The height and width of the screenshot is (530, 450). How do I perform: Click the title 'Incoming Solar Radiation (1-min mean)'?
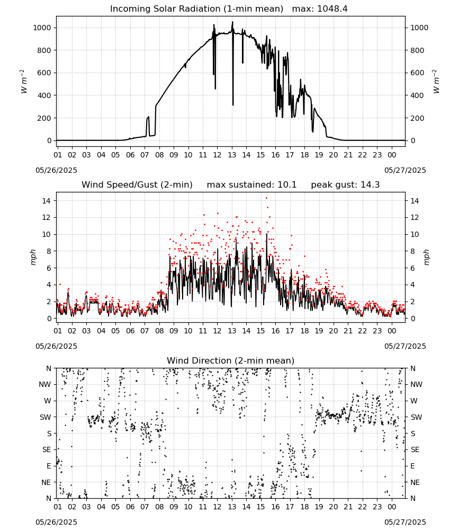coord(196,9)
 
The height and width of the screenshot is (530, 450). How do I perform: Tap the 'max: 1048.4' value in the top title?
coord(320,9)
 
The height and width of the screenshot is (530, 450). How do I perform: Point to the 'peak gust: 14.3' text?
coord(345,185)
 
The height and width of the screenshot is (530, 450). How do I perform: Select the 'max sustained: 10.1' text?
coord(251,185)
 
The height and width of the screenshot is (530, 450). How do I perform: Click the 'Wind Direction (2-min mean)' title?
coord(231,360)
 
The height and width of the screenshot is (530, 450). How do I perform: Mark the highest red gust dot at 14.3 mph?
coord(266,198)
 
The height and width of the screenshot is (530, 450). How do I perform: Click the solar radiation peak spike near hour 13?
coord(232,22)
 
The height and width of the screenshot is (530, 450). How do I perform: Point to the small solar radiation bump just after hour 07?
coord(148,118)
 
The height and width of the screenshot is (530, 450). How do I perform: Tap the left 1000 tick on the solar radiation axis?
coord(42,28)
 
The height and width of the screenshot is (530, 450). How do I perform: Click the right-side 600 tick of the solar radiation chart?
coord(417,73)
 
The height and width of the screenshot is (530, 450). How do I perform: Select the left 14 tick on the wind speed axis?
coord(46,201)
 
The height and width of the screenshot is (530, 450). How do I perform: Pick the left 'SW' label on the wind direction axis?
coord(46,417)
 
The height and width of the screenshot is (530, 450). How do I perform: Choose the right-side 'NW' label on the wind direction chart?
coord(417,385)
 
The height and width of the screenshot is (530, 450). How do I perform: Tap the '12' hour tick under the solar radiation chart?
coord(217,155)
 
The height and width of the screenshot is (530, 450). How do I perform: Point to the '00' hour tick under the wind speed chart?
coord(392,331)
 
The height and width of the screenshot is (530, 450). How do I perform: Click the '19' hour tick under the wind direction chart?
coord(319,507)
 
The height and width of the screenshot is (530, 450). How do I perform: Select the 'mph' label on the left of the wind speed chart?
coord(33,257)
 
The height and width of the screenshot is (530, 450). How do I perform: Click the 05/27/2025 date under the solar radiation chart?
coord(405,170)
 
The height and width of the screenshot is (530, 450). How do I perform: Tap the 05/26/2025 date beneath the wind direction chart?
coord(56,522)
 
